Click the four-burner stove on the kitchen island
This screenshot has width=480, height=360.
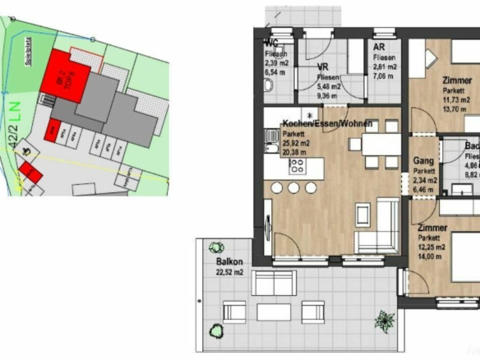point(298,166)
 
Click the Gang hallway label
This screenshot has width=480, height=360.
point(423,161)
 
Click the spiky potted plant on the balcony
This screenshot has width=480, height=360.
point(383,319)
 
